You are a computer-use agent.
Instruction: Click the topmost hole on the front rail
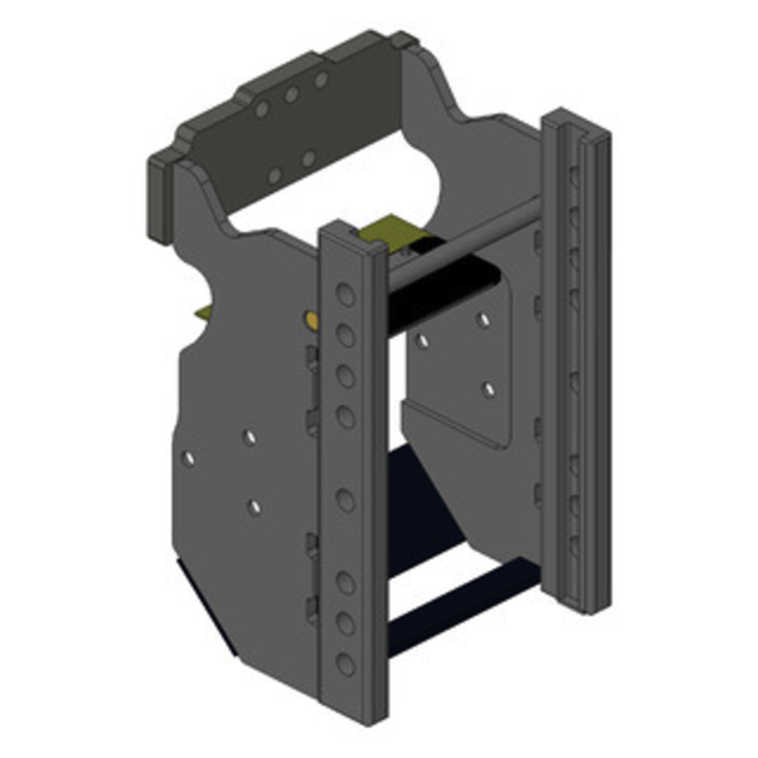(346, 295)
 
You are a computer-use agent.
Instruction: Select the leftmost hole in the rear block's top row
(262, 110)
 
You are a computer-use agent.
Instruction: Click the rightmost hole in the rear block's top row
(321, 81)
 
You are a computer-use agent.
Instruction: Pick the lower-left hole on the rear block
(274, 175)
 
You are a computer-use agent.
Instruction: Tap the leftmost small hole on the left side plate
(189, 459)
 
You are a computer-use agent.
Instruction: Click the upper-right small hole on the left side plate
(249, 437)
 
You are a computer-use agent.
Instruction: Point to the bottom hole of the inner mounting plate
(489, 388)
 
